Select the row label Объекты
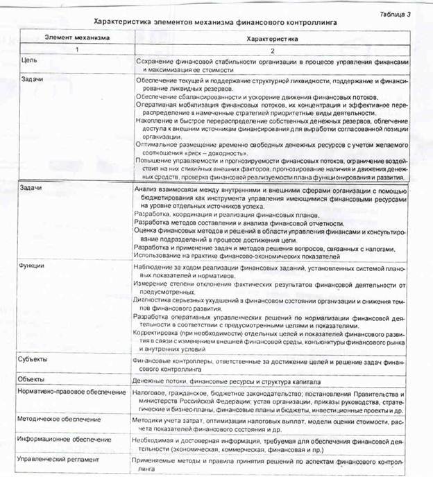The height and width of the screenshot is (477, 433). click(33, 380)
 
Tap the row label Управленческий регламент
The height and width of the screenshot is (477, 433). click(60, 459)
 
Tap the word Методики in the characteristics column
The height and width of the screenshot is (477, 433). click(148, 420)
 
